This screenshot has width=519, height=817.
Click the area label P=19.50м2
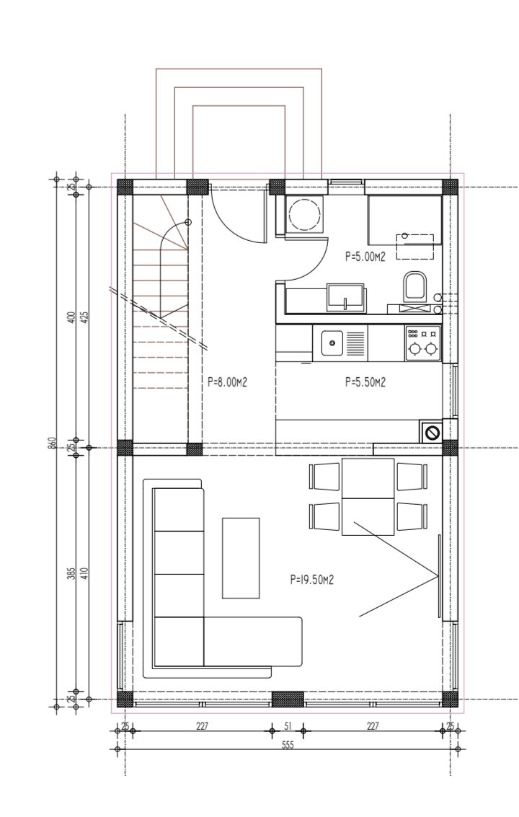click(x=311, y=579)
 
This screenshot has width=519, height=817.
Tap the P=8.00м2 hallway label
click(x=226, y=382)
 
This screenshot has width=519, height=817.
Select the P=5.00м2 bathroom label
click(x=365, y=256)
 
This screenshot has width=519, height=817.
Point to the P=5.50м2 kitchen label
click(x=365, y=382)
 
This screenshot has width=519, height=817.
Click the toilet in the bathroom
click(x=414, y=286)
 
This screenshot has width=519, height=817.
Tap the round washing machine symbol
click(x=305, y=215)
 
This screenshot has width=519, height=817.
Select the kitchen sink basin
click(x=332, y=343)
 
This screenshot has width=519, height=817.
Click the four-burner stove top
click(x=422, y=343)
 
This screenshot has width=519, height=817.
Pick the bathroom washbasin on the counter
click(x=345, y=297)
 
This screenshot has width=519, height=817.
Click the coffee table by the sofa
click(x=241, y=557)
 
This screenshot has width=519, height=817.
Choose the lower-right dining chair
click(x=413, y=516)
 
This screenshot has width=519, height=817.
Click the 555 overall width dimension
click(x=288, y=745)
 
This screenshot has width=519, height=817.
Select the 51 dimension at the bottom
click(x=288, y=725)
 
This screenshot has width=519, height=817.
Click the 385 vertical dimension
click(x=71, y=573)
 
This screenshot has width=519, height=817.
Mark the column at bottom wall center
click(x=288, y=699)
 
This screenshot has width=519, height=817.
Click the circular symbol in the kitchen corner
click(x=432, y=432)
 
